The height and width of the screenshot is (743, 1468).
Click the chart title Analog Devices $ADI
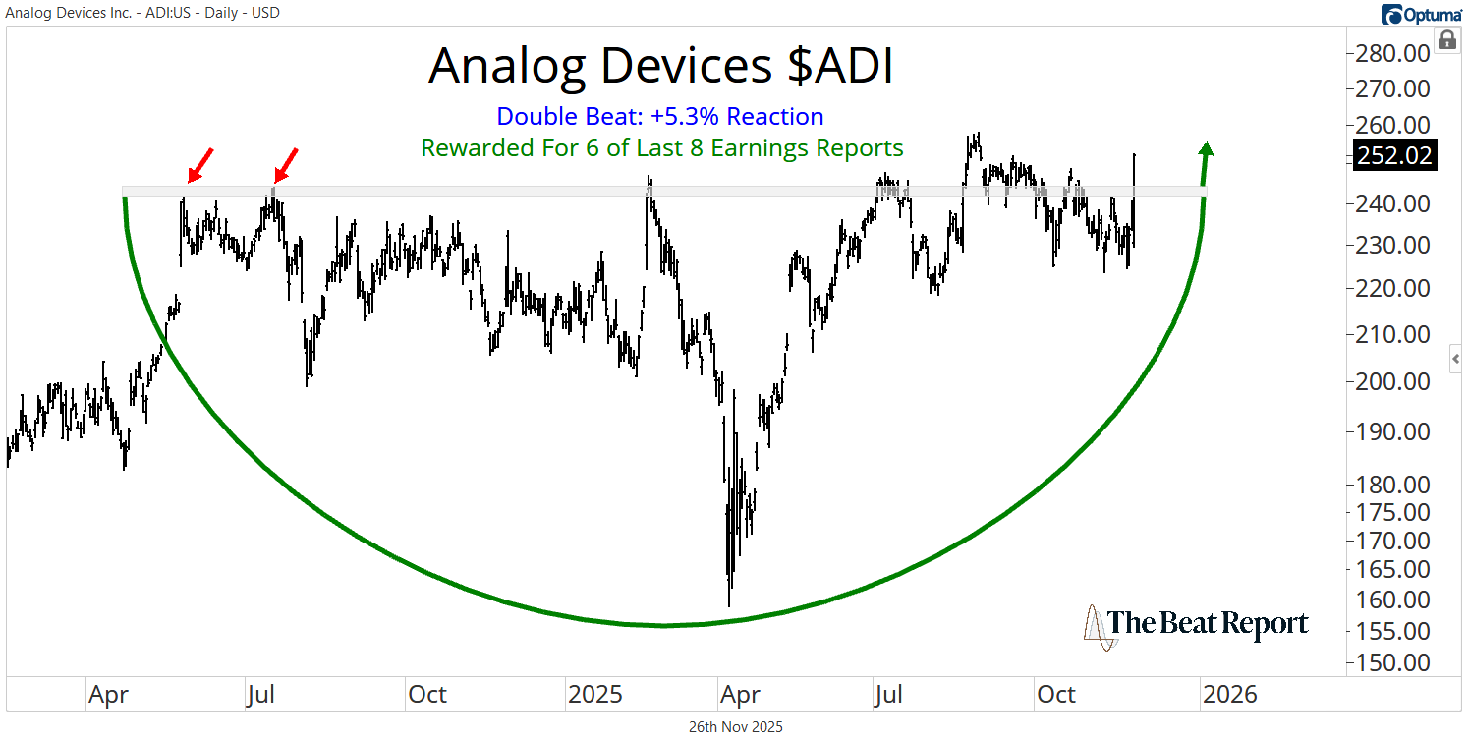661,66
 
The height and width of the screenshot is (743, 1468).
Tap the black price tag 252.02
1393,155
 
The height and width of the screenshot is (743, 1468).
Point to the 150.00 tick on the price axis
1393,661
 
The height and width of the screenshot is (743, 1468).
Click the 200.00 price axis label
1393,381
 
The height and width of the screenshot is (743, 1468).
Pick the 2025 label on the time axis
595,695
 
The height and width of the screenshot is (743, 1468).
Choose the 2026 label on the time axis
1229,695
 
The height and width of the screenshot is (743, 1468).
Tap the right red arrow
285,166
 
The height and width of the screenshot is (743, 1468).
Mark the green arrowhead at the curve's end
1207,149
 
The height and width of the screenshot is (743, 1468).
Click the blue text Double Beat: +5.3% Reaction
660,117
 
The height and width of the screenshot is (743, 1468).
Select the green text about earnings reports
661,148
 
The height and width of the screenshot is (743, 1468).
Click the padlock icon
1446,40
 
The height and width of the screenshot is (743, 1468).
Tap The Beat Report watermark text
1209,624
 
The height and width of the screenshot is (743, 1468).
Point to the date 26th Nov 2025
735,727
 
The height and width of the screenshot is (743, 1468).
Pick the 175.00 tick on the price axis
1393,512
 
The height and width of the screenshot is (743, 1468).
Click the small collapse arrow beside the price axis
1456,360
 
